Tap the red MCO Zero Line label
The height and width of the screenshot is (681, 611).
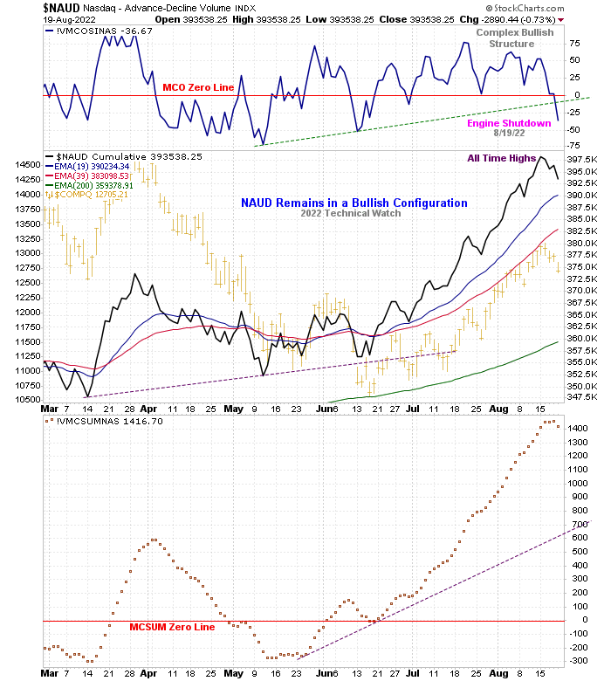pos(198,88)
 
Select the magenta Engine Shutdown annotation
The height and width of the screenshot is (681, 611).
pos(509,123)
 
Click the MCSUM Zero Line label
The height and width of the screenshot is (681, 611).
pos(171,627)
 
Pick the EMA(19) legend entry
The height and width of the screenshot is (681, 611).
pos(87,166)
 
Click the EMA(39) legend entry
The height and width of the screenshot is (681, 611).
pos(87,175)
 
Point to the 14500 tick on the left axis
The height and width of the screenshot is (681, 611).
pos(25,164)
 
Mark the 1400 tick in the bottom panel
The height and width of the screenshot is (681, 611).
pos(577,428)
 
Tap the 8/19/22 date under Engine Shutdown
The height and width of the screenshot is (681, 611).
pos(510,134)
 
